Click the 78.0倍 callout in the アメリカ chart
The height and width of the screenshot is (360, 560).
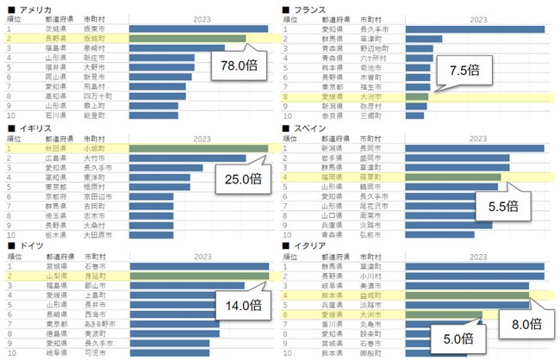click(x=234, y=65)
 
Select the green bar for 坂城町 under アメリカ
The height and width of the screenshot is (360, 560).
click(x=186, y=39)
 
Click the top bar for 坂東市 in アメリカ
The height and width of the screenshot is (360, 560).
click(x=198, y=28)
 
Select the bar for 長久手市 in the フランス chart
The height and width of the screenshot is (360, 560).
click(x=474, y=28)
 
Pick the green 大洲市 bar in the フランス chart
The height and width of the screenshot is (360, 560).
click(x=416, y=96)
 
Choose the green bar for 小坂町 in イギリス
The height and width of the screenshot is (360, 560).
click(x=198, y=148)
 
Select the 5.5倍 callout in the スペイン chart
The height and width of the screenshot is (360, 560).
click(x=501, y=206)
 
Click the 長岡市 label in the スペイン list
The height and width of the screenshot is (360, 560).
click(x=371, y=148)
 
